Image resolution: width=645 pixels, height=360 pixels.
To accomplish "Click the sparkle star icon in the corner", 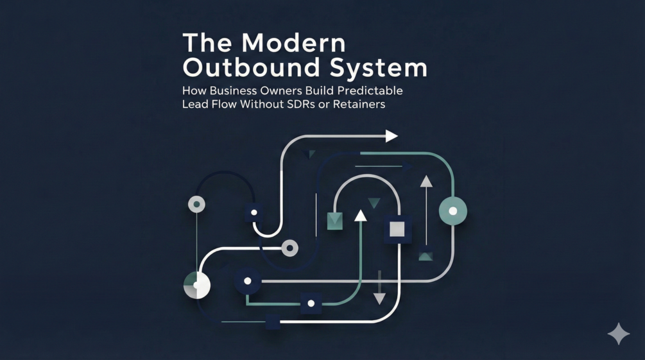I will (619, 334).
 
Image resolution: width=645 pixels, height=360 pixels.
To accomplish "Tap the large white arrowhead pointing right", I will (391, 135).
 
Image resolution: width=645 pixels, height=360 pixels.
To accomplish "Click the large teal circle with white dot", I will (452, 210).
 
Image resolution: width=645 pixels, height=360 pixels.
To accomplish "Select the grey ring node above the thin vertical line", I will (196, 205).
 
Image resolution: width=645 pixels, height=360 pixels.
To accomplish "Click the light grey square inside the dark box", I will (397, 229).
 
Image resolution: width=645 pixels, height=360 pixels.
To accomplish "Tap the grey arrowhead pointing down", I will (379, 298).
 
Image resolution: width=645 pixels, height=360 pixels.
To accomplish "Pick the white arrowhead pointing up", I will (361, 215).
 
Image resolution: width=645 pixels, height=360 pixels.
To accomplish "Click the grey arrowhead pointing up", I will (426, 182).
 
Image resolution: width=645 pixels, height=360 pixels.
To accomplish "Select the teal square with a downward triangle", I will (334, 221).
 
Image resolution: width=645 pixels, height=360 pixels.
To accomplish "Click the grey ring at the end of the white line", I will (290, 247).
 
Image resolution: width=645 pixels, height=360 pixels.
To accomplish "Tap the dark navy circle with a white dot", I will (247, 281).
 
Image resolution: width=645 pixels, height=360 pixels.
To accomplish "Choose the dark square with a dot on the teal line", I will (311, 303).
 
